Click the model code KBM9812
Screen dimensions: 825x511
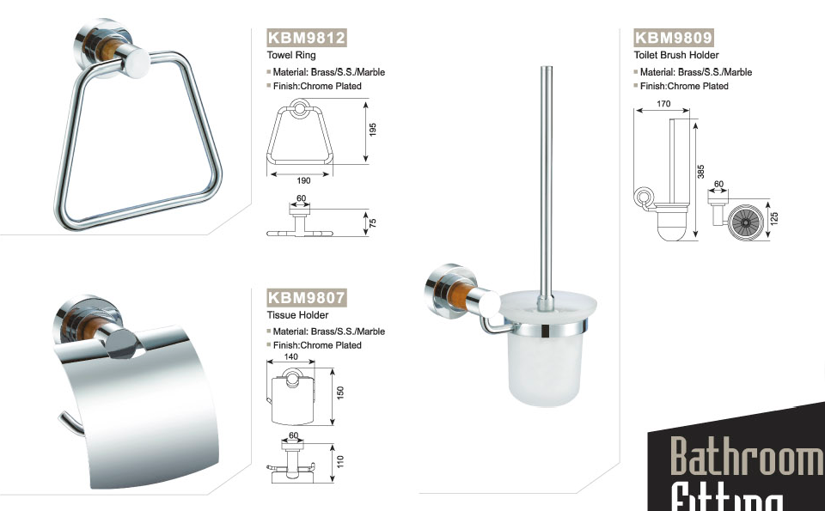point(307,38)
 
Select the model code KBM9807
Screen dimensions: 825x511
point(307,297)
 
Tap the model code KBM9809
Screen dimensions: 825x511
point(674,38)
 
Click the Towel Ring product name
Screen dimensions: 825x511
point(291,55)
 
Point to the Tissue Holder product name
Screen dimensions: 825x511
point(298,315)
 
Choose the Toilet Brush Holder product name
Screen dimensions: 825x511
point(676,55)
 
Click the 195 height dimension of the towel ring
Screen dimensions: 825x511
point(372,130)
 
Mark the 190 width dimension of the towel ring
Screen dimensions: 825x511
point(303,181)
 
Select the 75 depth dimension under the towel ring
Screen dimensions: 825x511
point(372,223)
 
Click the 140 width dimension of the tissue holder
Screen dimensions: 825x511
point(291,357)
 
